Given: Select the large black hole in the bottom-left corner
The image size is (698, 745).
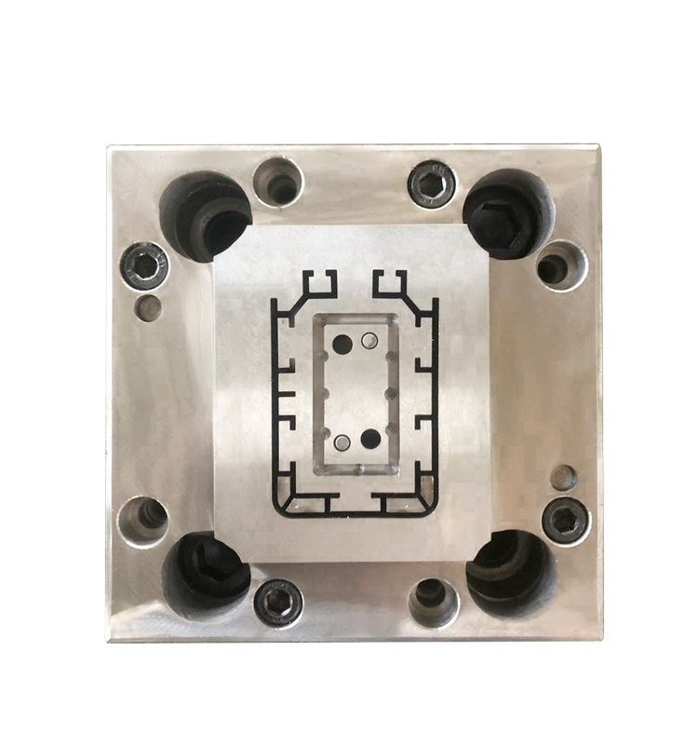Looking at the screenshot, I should tap(206, 571).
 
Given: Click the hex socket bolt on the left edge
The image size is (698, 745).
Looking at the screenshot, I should tap(143, 267).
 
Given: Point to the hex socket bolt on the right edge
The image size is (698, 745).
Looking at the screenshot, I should tap(564, 518).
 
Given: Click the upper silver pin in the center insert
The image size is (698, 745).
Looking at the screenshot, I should tap(369, 341).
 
